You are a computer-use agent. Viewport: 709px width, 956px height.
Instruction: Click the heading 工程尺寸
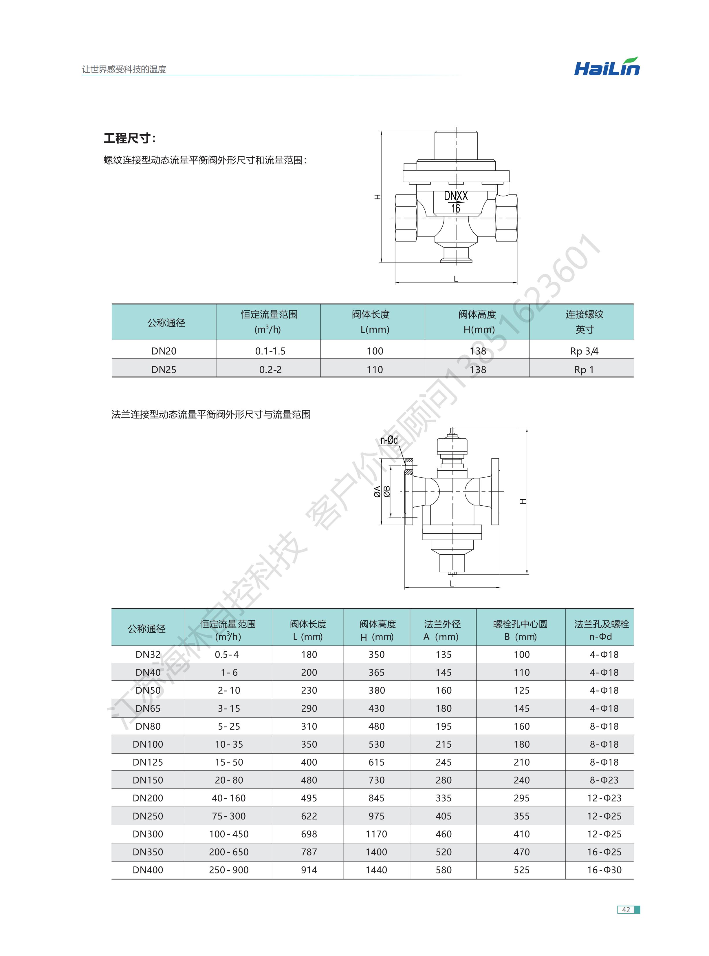(x=129, y=138)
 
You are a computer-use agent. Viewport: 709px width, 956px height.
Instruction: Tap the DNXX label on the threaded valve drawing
(x=455, y=196)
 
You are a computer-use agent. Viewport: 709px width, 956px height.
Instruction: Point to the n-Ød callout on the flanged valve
(x=389, y=440)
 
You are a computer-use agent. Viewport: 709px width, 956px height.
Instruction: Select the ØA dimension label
(x=377, y=491)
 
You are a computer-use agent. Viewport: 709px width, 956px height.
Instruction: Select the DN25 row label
(x=164, y=369)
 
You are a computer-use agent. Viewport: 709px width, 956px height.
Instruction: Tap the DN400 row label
(x=148, y=870)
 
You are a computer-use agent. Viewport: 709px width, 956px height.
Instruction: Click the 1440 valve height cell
(x=376, y=870)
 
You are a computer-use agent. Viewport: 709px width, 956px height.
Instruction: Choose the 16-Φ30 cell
(x=604, y=870)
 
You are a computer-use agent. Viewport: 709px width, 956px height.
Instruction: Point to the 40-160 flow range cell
(x=228, y=798)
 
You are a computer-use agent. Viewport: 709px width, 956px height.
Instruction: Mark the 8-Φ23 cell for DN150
(x=604, y=780)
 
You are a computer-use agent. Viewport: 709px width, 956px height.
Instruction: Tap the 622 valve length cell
(x=309, y=816)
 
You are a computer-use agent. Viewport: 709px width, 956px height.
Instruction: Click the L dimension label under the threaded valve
(x=456, y=279)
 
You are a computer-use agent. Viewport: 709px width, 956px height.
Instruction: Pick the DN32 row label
(x=148, y=655)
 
